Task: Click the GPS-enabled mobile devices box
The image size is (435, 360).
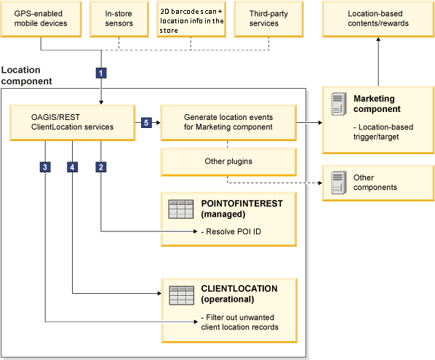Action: [x=41, y=18]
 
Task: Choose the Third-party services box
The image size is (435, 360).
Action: [x=264, y=18]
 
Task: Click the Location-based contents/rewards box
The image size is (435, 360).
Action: [x=378, y=18]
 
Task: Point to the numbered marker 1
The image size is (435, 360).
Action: [x=102, y=73]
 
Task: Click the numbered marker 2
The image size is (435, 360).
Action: [x=102, y=167]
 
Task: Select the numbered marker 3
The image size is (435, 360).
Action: [x=45, y=167]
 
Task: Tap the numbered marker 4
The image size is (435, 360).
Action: [x=72, y=167]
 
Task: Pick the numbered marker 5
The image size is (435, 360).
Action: [x=145, y=123]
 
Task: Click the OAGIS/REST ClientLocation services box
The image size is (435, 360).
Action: [x=73, y=122]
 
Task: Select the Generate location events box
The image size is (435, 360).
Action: [x=228, y=122]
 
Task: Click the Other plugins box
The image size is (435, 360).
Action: [x=228, y=161]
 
